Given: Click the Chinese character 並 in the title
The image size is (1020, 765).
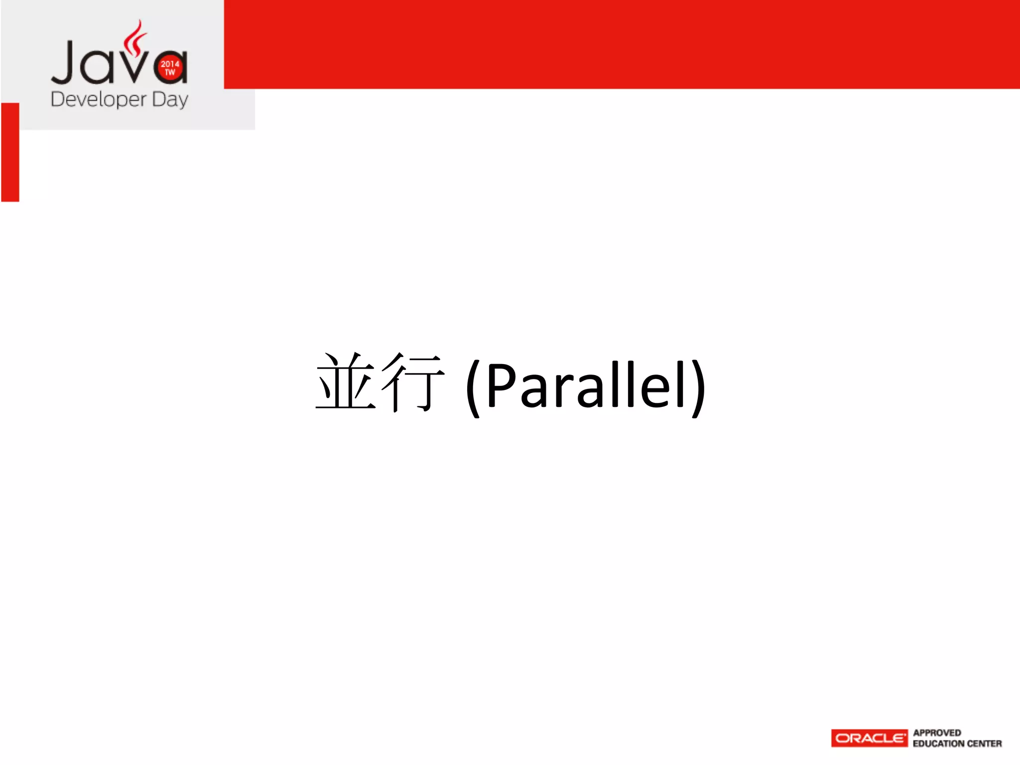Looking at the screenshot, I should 346,382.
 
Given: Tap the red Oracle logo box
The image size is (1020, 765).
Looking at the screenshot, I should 869,738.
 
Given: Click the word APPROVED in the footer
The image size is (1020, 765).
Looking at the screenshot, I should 937,733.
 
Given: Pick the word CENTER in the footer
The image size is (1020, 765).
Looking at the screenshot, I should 984,744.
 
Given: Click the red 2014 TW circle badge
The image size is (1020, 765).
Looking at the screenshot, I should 170,68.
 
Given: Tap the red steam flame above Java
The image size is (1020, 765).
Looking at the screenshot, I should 135,37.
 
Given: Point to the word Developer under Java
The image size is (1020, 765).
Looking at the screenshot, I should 99,100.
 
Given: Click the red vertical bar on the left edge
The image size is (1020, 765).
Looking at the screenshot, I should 10,152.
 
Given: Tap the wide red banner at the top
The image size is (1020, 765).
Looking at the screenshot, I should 622,44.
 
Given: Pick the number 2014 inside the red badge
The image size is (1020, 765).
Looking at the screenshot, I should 170,64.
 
